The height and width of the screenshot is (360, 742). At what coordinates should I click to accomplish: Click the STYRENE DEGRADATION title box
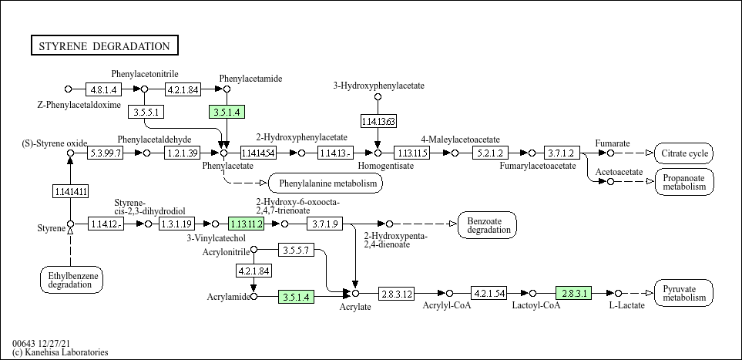pos(105,45)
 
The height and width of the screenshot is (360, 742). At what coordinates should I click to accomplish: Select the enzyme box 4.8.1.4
pos(103,89)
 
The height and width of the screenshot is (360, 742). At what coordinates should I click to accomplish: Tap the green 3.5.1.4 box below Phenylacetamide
pos(227,112)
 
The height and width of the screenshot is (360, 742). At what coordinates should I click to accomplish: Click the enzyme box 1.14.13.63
pos(378,121)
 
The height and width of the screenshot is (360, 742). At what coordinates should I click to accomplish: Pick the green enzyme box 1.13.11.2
pos(246,224)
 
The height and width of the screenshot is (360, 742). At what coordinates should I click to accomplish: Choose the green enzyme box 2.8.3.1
pos(572,294)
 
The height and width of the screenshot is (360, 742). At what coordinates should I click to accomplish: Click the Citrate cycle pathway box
pos(683,153)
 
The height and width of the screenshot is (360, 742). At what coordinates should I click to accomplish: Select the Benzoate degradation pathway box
pos(487,224)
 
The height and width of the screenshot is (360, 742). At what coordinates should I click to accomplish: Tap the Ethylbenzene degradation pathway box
pos(71,279)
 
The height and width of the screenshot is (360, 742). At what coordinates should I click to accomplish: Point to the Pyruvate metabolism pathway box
pos(683,293)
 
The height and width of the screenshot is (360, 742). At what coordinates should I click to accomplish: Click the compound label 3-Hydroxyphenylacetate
pos(378,85)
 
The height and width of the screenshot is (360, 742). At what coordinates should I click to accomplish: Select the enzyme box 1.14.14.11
pos(70,190)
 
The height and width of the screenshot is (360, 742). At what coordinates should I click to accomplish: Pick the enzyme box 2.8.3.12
pos(397,294)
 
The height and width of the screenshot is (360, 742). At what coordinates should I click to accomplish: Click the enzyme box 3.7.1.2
pos(561,153)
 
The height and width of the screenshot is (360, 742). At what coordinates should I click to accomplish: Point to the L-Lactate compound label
pos(626,306)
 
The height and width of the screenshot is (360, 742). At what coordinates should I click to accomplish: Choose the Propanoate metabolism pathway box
pos(683,182)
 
